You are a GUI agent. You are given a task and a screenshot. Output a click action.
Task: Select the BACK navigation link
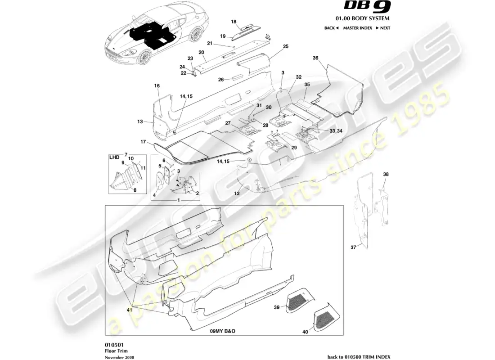(x=331, y=28)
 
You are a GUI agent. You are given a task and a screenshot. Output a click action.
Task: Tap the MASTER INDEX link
(x=357, y=28)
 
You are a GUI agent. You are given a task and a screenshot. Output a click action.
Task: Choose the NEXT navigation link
(x=382, y=28)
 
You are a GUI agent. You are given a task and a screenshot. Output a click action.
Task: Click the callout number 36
(x=315, y=58)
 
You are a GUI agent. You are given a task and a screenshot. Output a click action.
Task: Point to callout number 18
(x=234, y=21)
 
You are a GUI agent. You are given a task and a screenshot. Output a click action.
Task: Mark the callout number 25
(x=285, y=46)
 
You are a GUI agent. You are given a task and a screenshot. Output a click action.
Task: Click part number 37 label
(x=353, y=247)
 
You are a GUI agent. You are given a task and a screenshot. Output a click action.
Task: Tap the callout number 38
(x=386, y=174)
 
